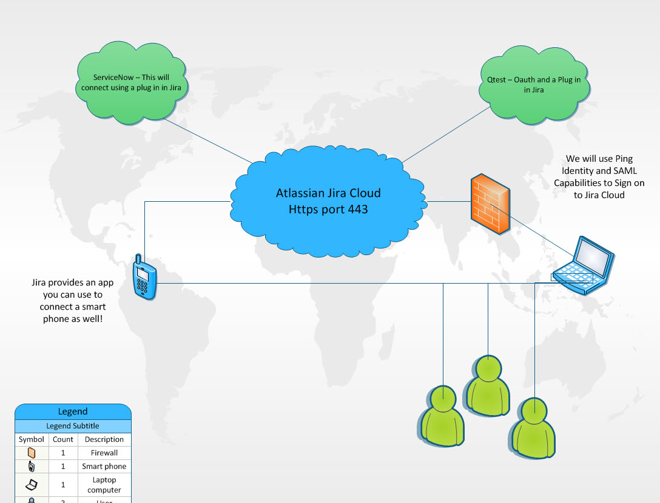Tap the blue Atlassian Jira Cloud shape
[x=328, y=201]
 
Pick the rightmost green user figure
[x=534, y=427]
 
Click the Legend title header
[x=73, y=411]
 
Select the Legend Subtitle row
[x=73, y=426]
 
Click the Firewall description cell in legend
[x=104, y=453]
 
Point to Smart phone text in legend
[x=104, y=467]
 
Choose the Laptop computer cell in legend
[x=104, y=485]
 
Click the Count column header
[x=63, y=439]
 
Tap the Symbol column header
[x=32, y=439]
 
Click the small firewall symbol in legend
[x=32, y=453]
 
